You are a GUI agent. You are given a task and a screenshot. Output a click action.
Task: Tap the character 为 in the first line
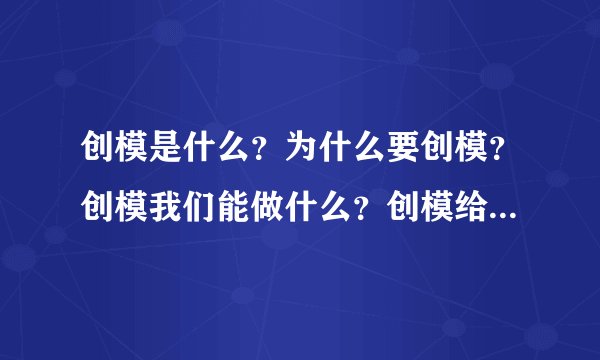click(299, 151)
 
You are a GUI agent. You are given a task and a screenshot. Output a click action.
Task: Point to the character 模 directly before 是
click(124, 151)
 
